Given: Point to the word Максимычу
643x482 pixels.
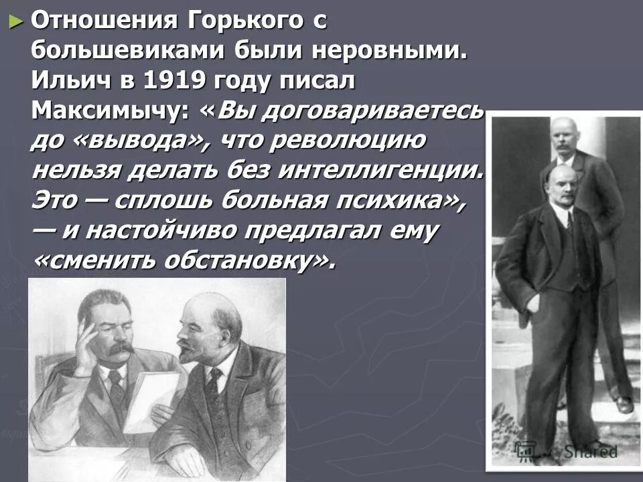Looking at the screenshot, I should click(109, 110).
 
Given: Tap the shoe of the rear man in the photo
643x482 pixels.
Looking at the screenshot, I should click(624, 404).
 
